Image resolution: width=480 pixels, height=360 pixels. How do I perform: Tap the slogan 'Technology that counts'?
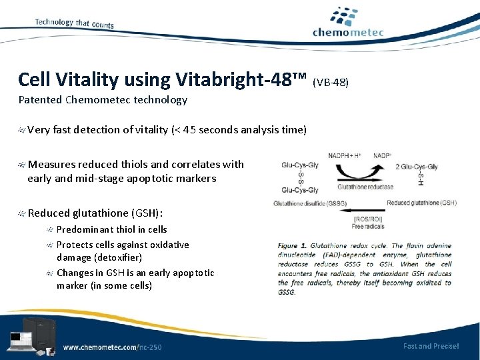tap(74, 23)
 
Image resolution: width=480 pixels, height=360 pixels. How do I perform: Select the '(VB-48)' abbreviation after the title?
tap(331, 83)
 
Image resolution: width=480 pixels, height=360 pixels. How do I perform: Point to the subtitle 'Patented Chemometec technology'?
tap(103, 100)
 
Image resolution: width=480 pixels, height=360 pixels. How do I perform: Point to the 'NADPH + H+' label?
tap(345, 155)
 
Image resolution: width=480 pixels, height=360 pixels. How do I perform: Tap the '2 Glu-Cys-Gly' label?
tap(416, 167)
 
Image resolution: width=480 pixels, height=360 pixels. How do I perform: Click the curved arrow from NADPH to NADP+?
tap(363, 167)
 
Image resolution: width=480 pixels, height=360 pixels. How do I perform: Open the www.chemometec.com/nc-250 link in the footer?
tap(112, 347)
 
